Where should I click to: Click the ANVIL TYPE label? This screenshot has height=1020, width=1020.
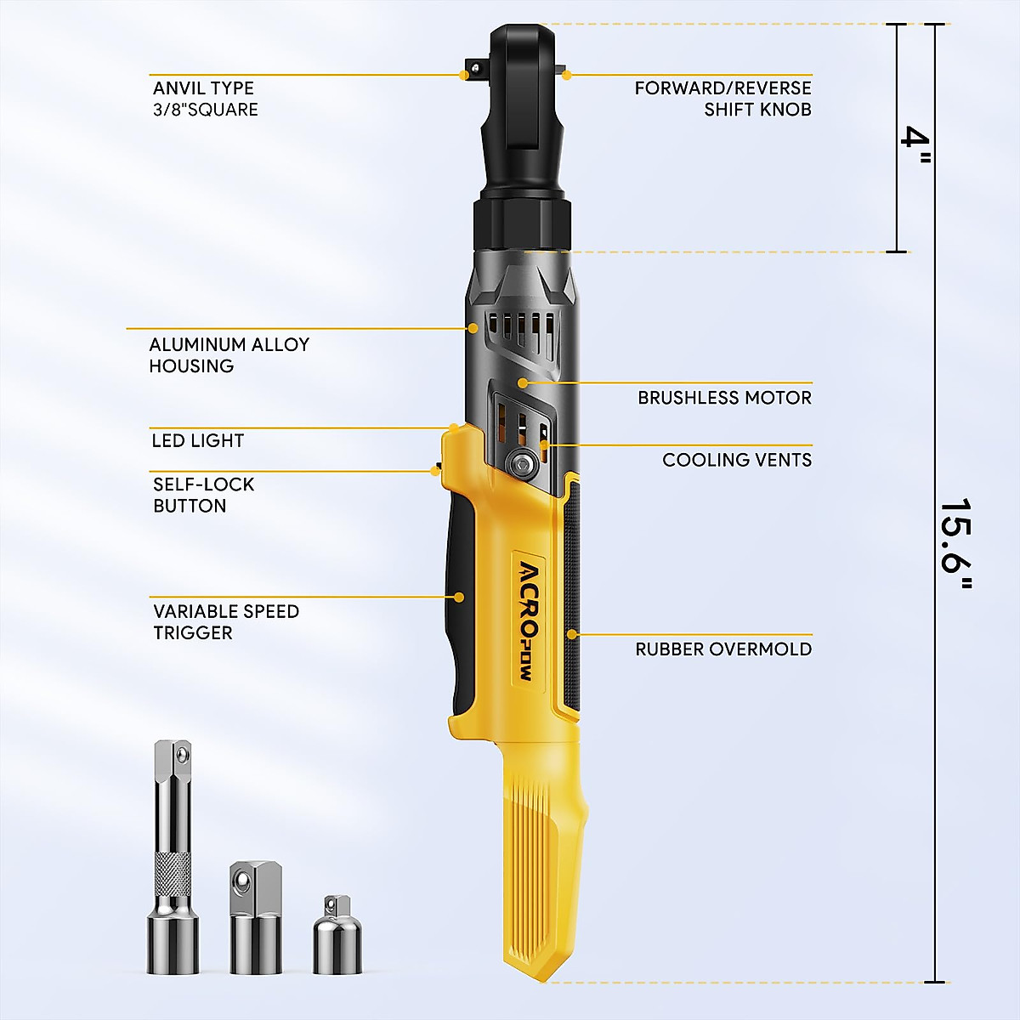204,99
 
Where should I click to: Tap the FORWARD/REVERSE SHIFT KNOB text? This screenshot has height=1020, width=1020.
722,99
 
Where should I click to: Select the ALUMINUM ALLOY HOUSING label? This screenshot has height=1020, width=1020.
229,355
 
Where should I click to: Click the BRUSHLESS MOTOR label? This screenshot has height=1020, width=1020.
724,398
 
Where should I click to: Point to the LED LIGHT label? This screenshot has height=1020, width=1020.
197,440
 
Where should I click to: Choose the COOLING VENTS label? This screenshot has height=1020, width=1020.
736,460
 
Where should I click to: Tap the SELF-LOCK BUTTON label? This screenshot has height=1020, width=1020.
203,495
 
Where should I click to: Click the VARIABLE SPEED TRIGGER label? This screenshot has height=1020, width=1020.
225,621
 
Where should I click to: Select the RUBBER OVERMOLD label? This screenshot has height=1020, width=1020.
722,649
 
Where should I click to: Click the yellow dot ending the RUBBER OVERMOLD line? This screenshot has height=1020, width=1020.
572,634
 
